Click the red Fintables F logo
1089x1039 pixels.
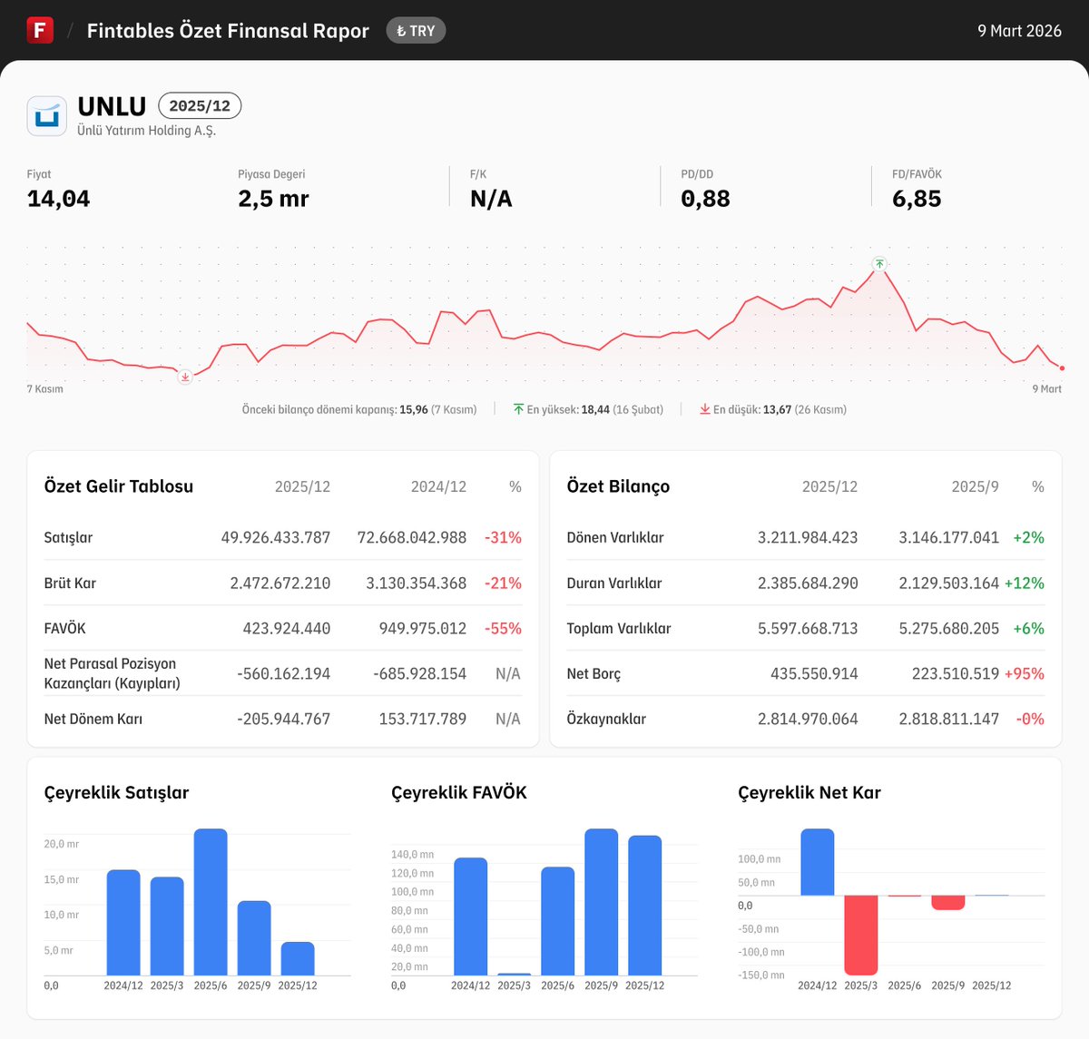pos(40,30)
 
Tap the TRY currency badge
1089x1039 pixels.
pos(416,31)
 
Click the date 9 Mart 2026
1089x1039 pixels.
pos(1019,31)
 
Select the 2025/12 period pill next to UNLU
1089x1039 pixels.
pos(200,106)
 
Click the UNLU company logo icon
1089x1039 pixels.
pos(46,116)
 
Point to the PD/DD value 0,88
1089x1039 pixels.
pos(705,199)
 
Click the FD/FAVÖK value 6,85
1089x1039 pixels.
pos(917,199)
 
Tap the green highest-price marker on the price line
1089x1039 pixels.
pos(878,264)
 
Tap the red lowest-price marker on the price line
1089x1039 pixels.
pos(185,377)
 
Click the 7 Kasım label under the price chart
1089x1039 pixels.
pos(45,389)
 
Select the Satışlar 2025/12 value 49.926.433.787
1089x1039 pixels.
pos(276,537)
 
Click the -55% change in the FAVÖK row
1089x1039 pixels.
pos(503,628)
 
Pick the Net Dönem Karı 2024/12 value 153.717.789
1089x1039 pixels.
pos(422,719)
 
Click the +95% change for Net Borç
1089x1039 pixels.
pos(1024,673)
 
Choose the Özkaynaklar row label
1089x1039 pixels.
pos(606,719)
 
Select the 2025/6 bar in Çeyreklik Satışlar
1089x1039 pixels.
pos(211,902)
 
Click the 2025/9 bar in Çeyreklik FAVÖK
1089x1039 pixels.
pos(601,902)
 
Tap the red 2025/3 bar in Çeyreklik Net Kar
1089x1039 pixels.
pos(861,935)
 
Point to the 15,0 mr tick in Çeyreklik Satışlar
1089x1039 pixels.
pos(62,879)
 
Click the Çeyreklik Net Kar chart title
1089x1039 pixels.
pos(809,792)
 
